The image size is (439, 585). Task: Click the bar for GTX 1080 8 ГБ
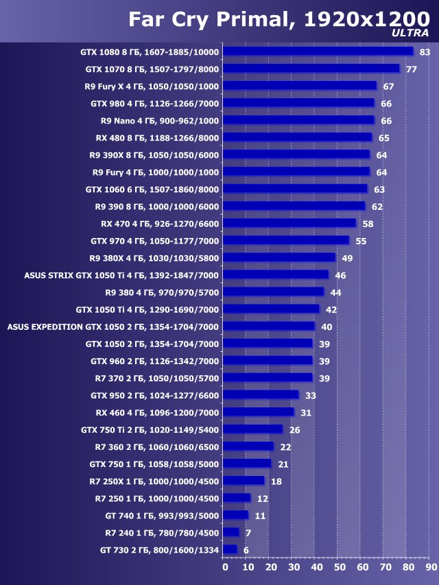pyautogui.click(x=318, y=51)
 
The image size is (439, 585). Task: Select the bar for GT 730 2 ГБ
pyautogui.click(x=230, y=549)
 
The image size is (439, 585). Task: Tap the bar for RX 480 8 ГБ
pyautogui.click(x=298, y=137)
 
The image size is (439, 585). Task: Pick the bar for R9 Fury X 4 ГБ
pyautogui.click(x=300, y=86)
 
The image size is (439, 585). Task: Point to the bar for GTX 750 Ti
pyautogui.click(x=253, y=429)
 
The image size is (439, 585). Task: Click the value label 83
pyautogui.click(x=425, y=52)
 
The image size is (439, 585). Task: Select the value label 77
pyautogui.click(x=412, y=69)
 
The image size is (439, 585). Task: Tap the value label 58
pyautogui.click(x=368, y=224)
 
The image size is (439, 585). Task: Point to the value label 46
pyautogui.click(x=340, y=275)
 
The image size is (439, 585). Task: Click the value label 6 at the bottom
pyautogui.click(x=246, y=550)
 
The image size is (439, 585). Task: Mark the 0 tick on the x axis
pyautogui.click(x=224, y=567)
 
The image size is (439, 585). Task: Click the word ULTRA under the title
pyautogui.click(x=410, y=33)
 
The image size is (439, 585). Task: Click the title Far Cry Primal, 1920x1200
pyautogui.click(x=278, y=18)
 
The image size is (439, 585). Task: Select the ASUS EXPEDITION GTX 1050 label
pyautogui.click(x=113, y=326)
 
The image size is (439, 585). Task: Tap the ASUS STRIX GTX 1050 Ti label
pyautogui.click(x=121, y=275)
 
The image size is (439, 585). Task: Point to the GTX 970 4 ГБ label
pyautogui.click(x=155, y=241)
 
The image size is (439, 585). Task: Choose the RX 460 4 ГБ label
pyautogui.click(x=157, y=412)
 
